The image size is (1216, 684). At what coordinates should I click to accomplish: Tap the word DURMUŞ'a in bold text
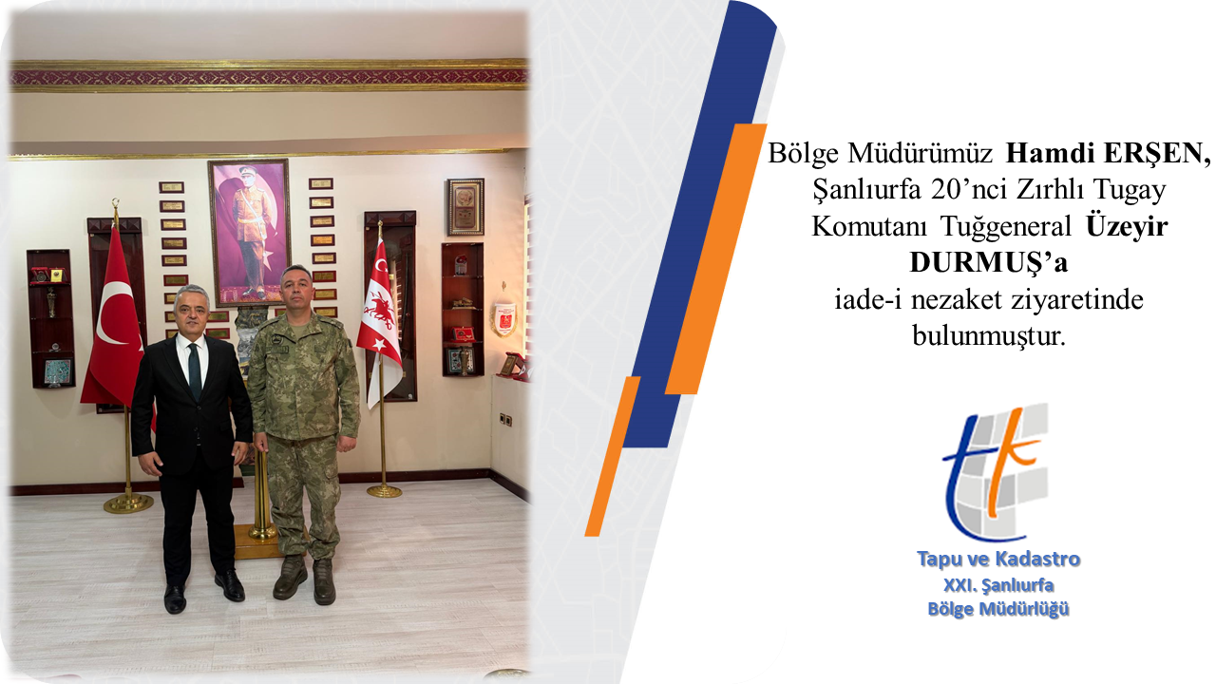(989, 263)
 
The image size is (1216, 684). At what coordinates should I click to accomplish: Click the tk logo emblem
(996, 472)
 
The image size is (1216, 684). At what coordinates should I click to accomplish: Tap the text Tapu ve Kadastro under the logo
(998, 559)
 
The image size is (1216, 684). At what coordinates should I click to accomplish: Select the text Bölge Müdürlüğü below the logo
(998, 609)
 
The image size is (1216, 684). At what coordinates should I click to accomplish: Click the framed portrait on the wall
(249, 233)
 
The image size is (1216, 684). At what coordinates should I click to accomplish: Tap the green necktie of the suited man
(195, 371)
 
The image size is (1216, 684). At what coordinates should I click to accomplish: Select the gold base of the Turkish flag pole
(128, 503)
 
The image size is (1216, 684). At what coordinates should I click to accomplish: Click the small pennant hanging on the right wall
(504, 318)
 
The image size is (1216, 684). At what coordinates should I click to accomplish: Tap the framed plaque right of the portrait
(465, 207)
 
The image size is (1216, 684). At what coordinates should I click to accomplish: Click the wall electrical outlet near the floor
(505, 419)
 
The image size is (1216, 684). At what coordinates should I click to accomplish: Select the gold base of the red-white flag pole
(384, 491)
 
